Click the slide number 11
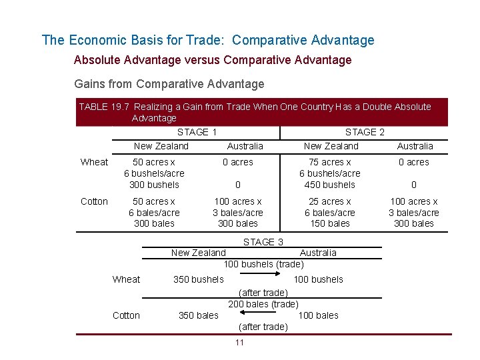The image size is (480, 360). click(239, 343)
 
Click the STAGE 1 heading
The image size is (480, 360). click(197, 132)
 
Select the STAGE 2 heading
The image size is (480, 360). click(365, 132)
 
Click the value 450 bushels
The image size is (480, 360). click(330, 185)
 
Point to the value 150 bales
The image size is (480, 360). click(330, 223)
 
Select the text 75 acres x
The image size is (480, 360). click(330, 162)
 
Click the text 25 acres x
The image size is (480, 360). click(330, 201)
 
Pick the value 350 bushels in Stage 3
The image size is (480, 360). click(198, 279)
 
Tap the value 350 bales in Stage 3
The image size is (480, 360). click(198, 315)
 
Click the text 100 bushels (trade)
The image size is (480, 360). click(263, 264)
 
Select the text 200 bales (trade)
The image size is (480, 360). click(263, 304)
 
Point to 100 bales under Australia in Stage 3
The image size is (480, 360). click(318, 315)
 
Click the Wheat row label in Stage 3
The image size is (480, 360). click(126, 279)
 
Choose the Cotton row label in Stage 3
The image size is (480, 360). click(126, 315)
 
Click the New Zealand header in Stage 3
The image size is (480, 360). click(198, 253)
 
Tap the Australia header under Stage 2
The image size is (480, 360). click(415, 146)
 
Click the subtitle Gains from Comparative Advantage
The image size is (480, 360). click(169, 84)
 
